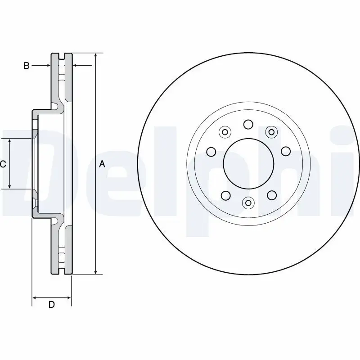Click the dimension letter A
tap(102, 165)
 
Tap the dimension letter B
tap(27, 66)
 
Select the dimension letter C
tap(3, 165)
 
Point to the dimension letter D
tap(51, 305)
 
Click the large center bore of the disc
tap(248, 163)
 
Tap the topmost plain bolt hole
tap(248, 124)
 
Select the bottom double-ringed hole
tap(248, 203)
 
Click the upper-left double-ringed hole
tap(225, 132)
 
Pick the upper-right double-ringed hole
tap(271, 131)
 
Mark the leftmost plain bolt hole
tap(210, 151)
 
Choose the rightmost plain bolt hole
tap(286, 151)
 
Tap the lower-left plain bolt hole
tap(225, 195)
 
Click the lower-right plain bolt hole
tap(271, 195)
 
